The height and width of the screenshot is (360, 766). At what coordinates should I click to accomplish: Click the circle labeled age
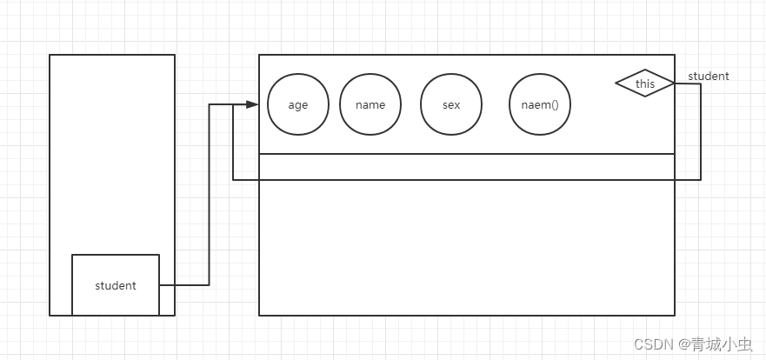pos(298,104)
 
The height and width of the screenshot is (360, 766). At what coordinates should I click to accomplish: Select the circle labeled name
pos(370,104)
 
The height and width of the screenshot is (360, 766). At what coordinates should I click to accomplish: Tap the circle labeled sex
pos(451,104)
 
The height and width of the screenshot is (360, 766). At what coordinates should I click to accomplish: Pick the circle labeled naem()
pos(540,104)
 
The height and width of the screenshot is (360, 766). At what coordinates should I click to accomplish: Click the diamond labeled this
pos(645,83)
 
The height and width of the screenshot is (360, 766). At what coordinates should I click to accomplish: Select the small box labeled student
pos(116,285)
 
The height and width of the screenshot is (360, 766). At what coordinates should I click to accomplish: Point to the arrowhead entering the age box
pos(253,104)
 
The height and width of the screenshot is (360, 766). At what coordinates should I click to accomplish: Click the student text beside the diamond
pos(709,77)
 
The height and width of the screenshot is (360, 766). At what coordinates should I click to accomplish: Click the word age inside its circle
pos(298,105)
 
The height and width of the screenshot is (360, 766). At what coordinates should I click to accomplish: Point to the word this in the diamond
pos(645,84)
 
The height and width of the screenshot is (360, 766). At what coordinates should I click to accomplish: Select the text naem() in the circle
pos(540,105)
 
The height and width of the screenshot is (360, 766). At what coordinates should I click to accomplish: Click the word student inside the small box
pos(116,286)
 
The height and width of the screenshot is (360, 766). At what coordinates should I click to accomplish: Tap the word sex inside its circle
pos(451,105)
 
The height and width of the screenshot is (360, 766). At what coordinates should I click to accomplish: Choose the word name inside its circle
pos(370,105)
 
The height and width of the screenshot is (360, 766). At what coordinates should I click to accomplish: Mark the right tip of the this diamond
pos(675,83)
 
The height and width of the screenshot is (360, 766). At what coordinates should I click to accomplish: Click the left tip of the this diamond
pos(616,83)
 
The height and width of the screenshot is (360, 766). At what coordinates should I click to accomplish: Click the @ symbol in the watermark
pos(684,344)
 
